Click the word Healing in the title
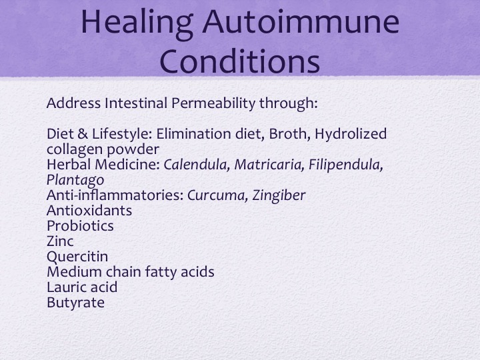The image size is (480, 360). point(137,23)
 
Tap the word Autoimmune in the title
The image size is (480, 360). point(301,21)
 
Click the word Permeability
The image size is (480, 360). point(213,104)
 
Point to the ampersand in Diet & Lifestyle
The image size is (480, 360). point(83,134)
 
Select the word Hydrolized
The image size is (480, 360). point(351,135)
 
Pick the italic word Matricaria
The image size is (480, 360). point(269,165)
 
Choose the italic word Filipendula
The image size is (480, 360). point(345,165)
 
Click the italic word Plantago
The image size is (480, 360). point(75,180)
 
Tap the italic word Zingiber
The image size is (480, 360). point(279,196)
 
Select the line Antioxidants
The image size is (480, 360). point(89,211)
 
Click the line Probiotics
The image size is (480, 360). point(80,226)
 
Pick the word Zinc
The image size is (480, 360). point(60,241)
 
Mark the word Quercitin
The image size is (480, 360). point(77,257)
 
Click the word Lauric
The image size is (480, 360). point(65,287)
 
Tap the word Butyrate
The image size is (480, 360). point(75,303)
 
